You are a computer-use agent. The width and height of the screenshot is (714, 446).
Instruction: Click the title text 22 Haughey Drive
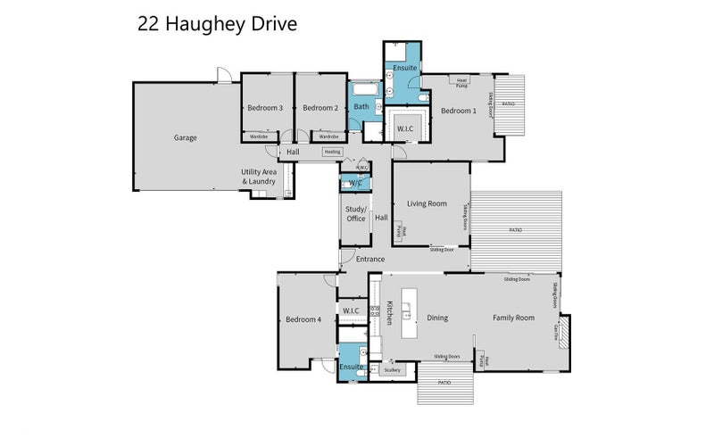tap(216, 23)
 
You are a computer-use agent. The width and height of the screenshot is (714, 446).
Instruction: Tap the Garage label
tap(186, 138)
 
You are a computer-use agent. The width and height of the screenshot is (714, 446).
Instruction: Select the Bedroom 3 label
tap(265, 109)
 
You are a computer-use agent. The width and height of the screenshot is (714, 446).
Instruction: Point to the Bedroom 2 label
tap(320, 109)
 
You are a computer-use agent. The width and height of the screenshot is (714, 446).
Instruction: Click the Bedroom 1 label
tap(459, 111)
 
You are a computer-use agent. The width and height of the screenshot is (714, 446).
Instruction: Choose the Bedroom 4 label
tap(303, 319)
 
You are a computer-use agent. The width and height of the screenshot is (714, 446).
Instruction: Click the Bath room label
tap(361, 107)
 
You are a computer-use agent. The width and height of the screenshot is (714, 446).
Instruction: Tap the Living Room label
tap(427, 204)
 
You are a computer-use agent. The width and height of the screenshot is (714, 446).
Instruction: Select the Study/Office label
tap(356, 214)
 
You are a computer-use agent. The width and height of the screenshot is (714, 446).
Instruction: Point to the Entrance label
tap(370, 260)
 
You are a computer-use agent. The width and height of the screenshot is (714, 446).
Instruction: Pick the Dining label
tap(437, 318)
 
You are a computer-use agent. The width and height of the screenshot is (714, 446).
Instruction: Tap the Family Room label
tap(513, 318)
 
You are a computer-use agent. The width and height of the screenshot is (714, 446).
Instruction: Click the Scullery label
tap(392, 369)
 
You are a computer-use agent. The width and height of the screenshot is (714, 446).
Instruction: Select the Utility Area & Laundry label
tap(258, 177)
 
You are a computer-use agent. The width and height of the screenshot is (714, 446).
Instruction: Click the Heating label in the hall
tap(332, 152)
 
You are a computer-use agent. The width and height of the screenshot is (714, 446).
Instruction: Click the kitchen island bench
tap(410, 312)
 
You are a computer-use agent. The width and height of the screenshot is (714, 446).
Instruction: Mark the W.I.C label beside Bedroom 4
tap(351, 310)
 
